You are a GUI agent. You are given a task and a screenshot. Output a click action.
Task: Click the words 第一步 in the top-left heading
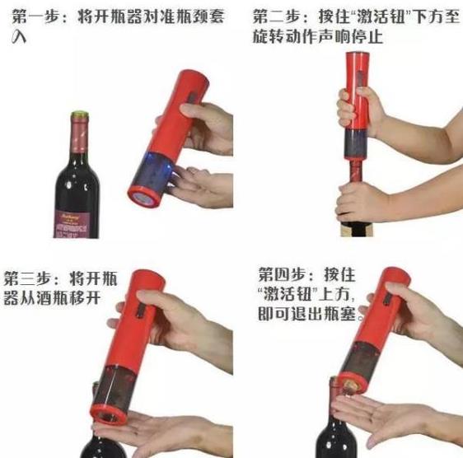[x=35, y=16]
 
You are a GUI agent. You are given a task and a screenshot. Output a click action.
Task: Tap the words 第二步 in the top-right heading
[x=275, y=16]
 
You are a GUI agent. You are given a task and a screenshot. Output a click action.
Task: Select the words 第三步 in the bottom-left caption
[x=26, y=278]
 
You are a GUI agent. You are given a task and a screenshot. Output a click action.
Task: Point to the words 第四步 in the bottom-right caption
[x=281, y=274]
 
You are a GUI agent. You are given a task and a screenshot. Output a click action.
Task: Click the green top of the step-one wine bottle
[x=80, y=114]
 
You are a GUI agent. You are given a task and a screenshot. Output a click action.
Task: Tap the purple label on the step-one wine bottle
[x=76, y=224]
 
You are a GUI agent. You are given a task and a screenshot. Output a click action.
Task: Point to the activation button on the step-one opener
[x=192, y=97]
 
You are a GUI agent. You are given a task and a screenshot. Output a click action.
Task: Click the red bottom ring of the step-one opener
[x=144, y=197]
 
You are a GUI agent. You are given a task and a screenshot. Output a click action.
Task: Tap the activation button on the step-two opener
[x=360, y=79]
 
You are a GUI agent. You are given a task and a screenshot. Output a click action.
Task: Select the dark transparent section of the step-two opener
[x=355, y=145]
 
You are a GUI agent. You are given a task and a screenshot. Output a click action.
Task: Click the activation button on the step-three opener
[x=141, y=311]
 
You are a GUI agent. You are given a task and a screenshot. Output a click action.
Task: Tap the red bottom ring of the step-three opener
[x=109, y=415]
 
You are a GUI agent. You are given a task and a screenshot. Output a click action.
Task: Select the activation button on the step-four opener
[x=387, y=299]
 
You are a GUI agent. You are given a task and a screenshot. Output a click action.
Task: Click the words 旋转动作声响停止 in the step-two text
[x=318, y=37]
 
